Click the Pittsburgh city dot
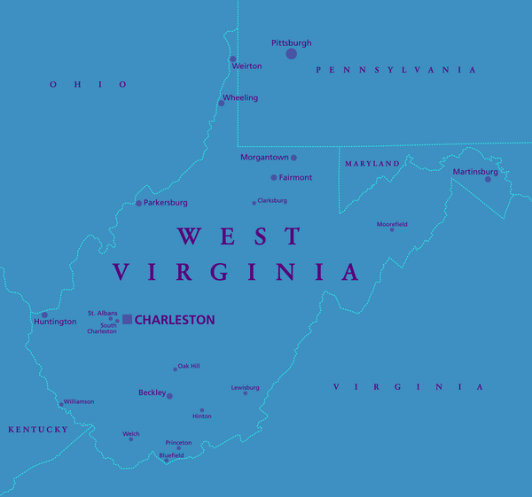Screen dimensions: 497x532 291,54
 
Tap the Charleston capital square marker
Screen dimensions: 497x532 128,319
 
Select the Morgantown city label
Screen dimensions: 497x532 264,158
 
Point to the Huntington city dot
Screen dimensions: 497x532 44,315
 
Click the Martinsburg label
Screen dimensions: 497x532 475,171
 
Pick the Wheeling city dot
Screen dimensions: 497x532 222,103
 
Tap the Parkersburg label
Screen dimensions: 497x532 166,203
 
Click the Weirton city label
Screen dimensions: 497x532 246,66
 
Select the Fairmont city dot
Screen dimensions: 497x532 274,177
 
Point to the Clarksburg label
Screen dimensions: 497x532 272,201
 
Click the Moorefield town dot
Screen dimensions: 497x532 392,229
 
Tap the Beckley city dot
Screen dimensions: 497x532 169,396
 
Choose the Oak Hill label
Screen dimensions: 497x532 189,366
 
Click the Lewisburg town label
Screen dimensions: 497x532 245,387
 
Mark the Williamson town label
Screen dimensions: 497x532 79,401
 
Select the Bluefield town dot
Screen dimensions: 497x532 166,461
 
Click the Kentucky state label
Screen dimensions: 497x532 38,430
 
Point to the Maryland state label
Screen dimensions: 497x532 372,164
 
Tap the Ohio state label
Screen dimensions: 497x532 89,84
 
